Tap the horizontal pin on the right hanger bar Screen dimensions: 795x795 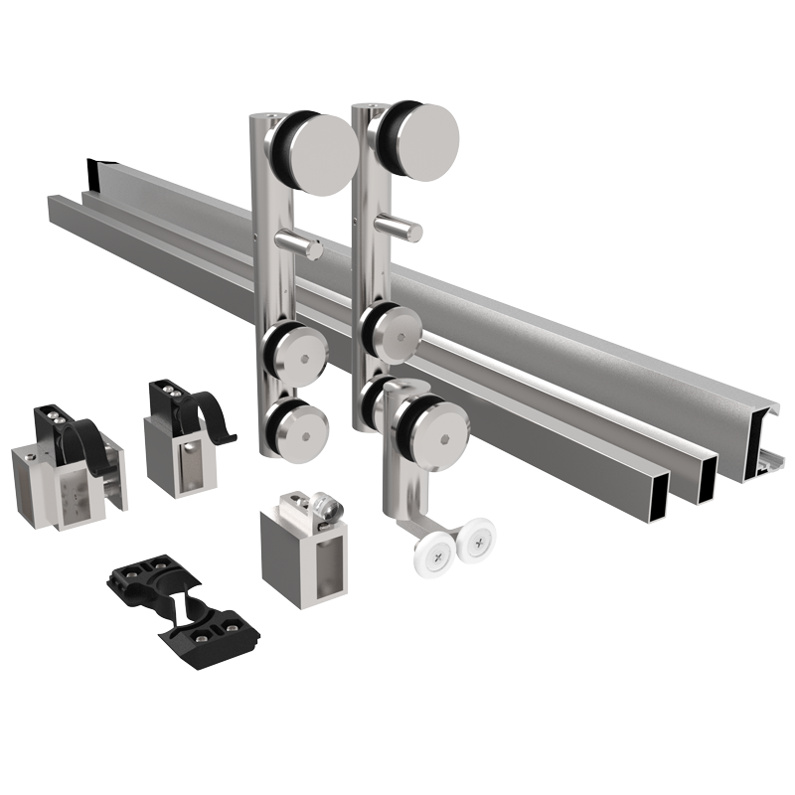[x=402, y=232]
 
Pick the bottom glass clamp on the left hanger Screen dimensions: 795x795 [x=297, y=426]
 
